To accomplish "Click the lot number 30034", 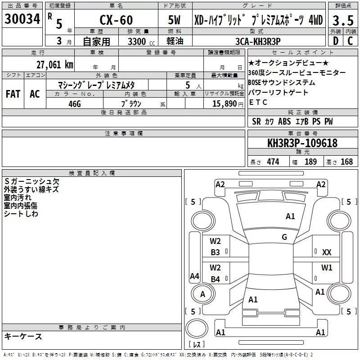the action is (x=22, y=19).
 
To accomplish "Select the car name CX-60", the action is (x=116, y=20).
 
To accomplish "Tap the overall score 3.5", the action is (x=343, y=20).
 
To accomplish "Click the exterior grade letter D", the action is (x=336, y=41).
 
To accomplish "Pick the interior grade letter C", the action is (x=350, y=41).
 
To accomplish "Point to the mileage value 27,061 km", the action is (x=55, y=65).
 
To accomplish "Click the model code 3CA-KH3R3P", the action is (x=258, y=41).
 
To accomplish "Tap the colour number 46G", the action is (x=75, y=104).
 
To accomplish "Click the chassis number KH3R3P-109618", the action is (x=302, y=143).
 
